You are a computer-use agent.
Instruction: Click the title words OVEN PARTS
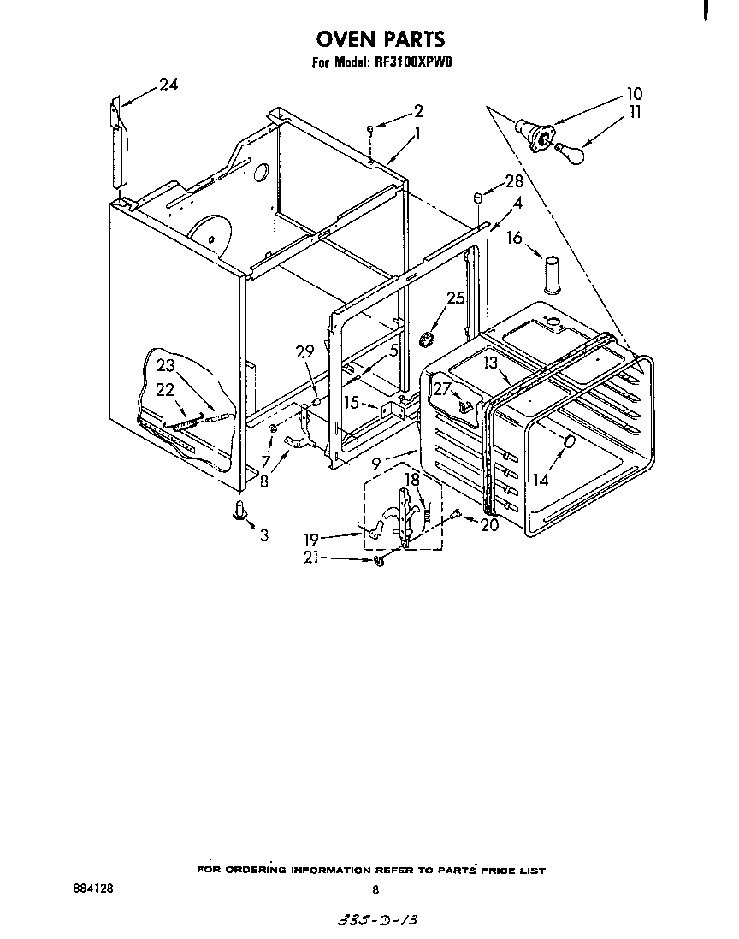point(381,39)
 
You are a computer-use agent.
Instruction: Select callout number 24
point(168,85)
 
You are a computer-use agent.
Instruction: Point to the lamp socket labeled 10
point(537,134)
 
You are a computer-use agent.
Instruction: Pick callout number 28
point(513,180)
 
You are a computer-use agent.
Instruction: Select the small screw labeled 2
point(369,130)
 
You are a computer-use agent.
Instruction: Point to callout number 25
point(456,298)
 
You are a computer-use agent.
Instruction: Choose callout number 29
point(304,351)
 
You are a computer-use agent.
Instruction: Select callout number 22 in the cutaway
point(164,389)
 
